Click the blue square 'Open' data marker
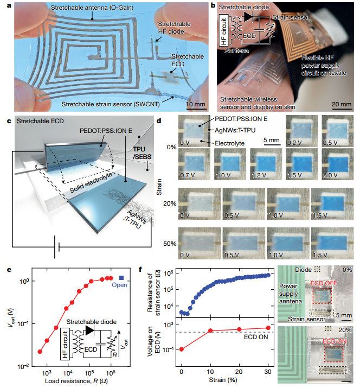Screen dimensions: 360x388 pyautogui.click(x=121, y=278)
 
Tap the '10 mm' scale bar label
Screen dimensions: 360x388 pyautogui.click(x=196, y=104)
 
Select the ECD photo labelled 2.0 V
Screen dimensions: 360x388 pyautogui.click(x=337, y=164)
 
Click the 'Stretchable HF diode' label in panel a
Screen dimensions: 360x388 pyautogui.click(x=175, y=28)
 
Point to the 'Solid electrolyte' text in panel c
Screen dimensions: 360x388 pyautogui.click(x=91, y=183)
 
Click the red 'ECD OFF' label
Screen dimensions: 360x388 pyautogui.click(x=324, y=283)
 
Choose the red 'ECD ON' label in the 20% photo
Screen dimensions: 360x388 pyautogui.click(x=335, y=341)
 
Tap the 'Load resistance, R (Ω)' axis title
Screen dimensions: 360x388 pyautogui.click(x=76, y=380)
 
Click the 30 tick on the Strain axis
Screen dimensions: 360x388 pyautogui.click(x=268, y=372)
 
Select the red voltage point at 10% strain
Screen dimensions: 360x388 pyautogui.click(x=210, y=330)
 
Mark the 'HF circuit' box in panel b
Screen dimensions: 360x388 pyautogui.click(x=223, y=30)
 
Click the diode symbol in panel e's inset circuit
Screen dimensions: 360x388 pyautogui.click(x=89, y=330)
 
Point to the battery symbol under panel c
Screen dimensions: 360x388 pyautogui.click(x=56, y=247)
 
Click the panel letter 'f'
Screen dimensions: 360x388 pyautogui.click(x=140, y=269)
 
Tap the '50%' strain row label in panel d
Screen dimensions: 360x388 pyautogui.click(x=170, y=244)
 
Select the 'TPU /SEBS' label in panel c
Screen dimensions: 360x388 pyautogui.click(x=142, y=153)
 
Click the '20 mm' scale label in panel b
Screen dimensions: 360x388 pyautogui.click(x=342, y=104)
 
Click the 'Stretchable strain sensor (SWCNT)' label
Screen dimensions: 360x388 pyautogui.click(x=111, y=104)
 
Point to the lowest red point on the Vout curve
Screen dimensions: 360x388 pyautogui.click(x=40, y=352)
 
